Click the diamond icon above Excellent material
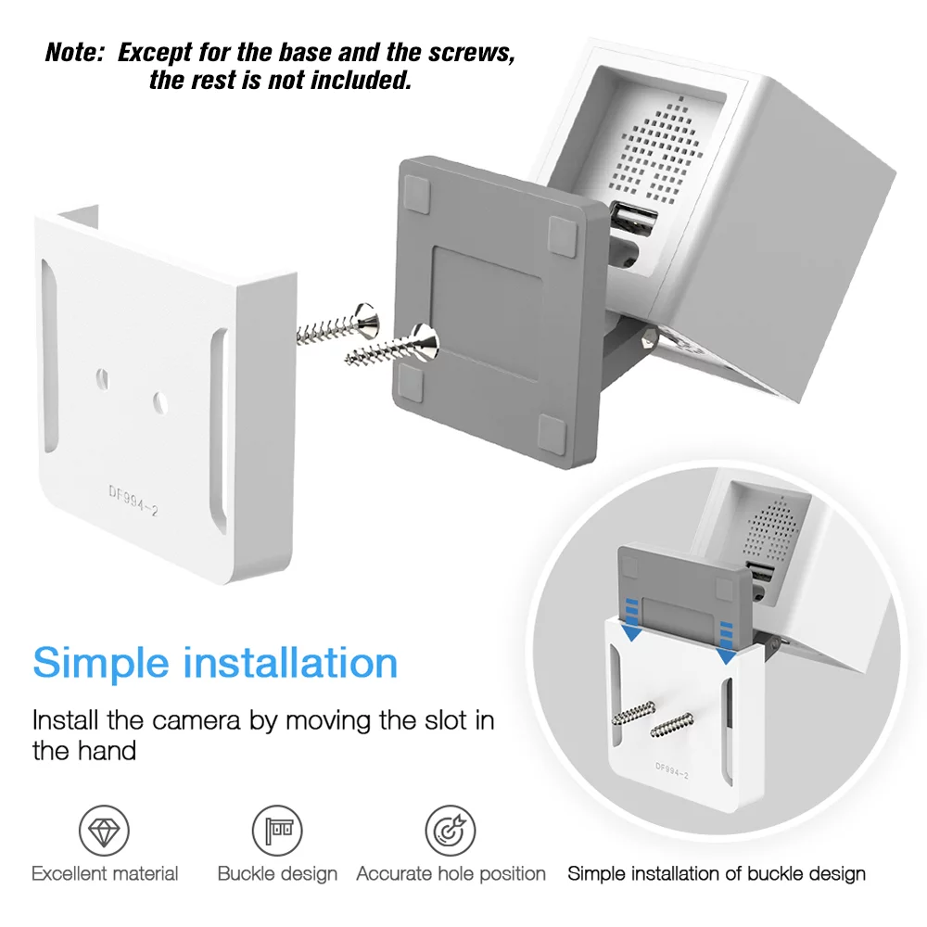click(x=104, y=830)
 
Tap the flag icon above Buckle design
click(x=277, y=830)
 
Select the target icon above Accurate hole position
click(x=451, y=830)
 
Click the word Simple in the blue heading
click(x=101, y=664)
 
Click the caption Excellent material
click(x=105, y=874)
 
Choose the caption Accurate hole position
click(x=451, y=874)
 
